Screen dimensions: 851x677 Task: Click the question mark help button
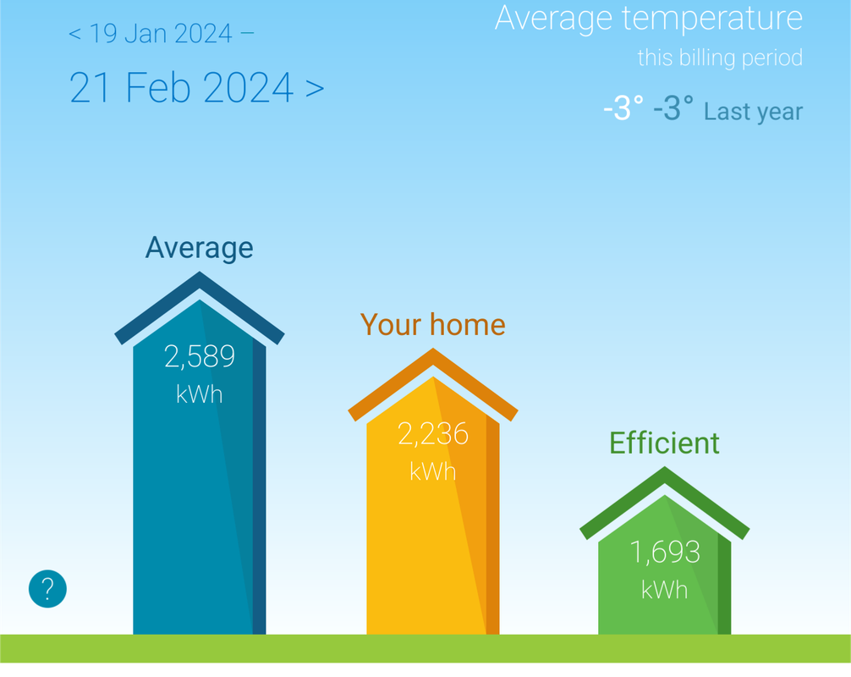pos(47,588)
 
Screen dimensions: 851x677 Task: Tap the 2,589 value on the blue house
pos(200,356)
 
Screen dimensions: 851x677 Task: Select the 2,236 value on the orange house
pos(433,434)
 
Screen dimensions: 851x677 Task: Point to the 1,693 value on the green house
pos(665,552)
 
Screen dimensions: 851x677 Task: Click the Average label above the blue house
pos(199,248)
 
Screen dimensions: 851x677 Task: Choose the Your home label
pos(433,325)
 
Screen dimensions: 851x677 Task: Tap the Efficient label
pos(664,443)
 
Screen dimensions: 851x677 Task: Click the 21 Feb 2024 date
pos(182,87)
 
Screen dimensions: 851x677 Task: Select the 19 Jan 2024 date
pos(161,34)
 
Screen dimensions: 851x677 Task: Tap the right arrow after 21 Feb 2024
pos(315,88)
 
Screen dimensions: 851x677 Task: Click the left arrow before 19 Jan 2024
pos(75,34)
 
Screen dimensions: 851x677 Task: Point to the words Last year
pos(754,112)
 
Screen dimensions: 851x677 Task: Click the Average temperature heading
pos(649,18)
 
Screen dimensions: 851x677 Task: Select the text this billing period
pos(720,58)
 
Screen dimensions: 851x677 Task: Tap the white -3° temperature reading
pos(623,108)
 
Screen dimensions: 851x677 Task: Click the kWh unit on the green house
pos(665,590)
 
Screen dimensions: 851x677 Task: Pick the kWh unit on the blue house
pos(200,394)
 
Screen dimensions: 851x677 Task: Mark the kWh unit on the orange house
pos(433,471)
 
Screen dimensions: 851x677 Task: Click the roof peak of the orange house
pos(433,350)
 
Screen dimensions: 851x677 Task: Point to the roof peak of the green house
pos(665,467)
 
